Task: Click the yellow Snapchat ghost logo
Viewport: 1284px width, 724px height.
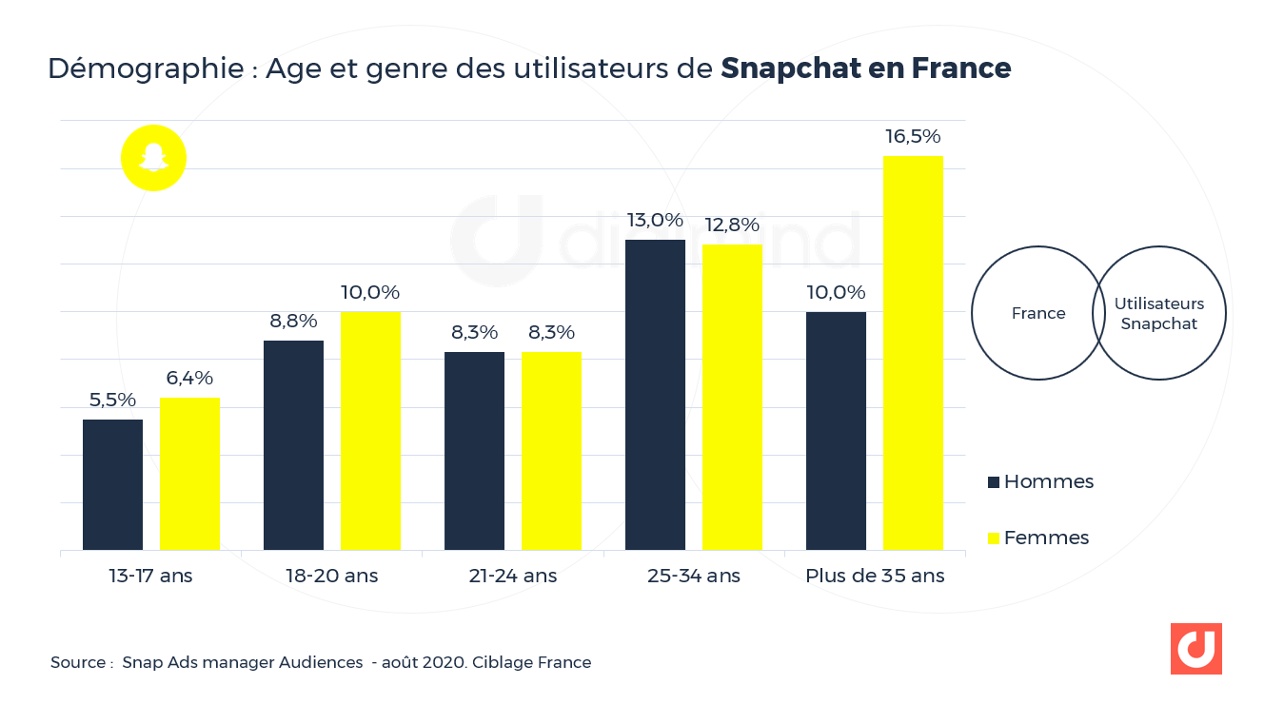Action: (x=153, y=158)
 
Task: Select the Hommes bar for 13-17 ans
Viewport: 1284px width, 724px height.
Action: (x=112, y=484)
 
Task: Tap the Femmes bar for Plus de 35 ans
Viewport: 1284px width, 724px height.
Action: (x=913, y=353)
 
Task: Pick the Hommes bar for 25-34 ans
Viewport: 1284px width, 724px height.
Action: (x=655, y=395)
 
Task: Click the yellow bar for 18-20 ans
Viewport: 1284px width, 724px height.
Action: (x=370, y=430)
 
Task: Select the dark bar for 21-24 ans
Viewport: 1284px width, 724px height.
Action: (x=474, y=451)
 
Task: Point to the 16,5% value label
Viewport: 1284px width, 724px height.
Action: (x=913, y=136)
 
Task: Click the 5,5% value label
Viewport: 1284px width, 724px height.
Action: (x=112, y=400)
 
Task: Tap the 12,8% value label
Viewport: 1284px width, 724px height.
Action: (x=732, y=225)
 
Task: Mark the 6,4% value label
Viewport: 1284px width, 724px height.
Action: (x=190, y=378)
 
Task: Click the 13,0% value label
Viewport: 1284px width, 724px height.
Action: (x=655, y=221)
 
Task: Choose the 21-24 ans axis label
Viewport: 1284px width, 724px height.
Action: (x=513, y=576)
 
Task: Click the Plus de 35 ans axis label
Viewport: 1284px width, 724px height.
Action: (x=875, y=576)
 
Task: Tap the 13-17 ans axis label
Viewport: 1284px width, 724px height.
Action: (x=150, y=576)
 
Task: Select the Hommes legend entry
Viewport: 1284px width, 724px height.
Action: (x=1040, y=481)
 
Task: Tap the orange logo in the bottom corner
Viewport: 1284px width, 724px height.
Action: (x=1195, y=649)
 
